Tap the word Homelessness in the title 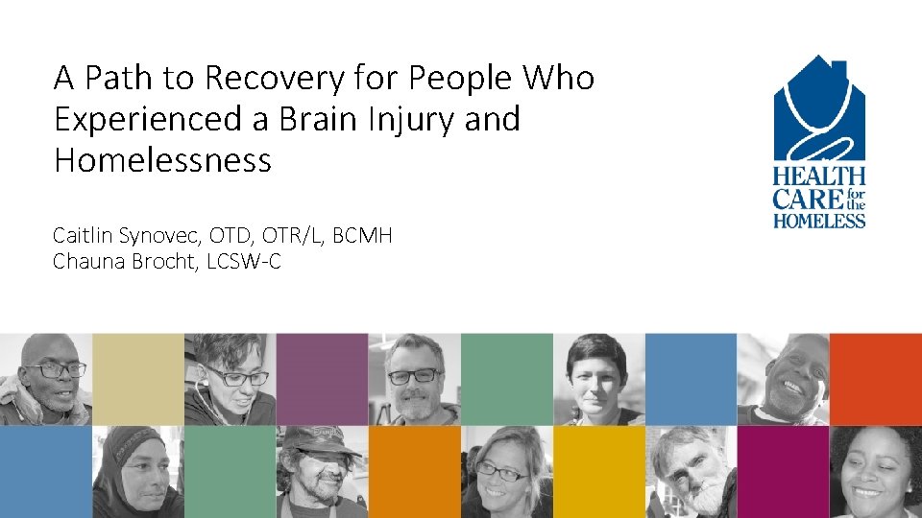point(162,160)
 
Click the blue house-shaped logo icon point(819,110)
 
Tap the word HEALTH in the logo point(819,177)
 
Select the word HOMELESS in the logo point(819,222)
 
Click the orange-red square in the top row point(875,379)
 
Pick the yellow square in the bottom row point(598,471)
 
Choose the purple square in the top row point(322,379)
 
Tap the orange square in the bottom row point(414,471)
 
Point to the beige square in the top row point(137,379)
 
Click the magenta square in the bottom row point(783,471)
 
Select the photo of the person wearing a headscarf point(137,471)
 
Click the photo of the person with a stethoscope point(230,379)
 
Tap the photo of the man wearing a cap point(322,471)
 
